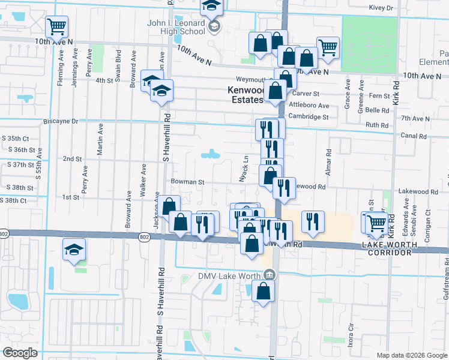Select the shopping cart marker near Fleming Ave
point(56,26)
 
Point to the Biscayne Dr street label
point(61,121)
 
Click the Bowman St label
point(188,181)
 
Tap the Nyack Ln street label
point(244,170)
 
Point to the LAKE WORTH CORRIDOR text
point(387,249)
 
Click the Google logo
point(20,353)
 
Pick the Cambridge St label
point(309,116)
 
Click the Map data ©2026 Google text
point(412,355)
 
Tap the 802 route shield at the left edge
point(4,233)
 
